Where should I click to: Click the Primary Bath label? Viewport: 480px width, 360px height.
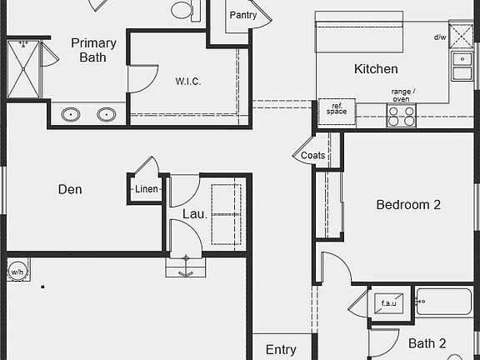click(x=93, y=50)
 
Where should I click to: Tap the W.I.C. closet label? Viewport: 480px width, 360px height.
click(x=188, y=82)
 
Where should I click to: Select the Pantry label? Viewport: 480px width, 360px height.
click(x=243, y=15)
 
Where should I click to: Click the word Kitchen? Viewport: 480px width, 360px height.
click(x=376, y=69)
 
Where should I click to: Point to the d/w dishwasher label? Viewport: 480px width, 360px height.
click(x=440, y=37)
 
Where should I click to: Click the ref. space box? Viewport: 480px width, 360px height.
click(x=337, y=112)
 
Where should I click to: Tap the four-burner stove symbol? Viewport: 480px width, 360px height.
click(x=402, y=115)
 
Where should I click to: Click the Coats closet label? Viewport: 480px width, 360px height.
click(x=312, y=155)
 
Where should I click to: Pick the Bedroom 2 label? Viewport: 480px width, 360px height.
click(x=408, y=205)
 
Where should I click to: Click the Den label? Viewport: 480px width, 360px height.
click(x=70, y=189)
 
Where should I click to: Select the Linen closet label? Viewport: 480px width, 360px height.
click(x=147, y=189)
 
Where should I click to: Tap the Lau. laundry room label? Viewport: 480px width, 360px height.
click(x=195, y=214)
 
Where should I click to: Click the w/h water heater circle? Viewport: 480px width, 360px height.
click(x=17, y=271)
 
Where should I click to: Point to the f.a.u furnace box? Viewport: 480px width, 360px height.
click(x=389, y=303)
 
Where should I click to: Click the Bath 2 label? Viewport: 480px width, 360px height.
click(x=427, y=343)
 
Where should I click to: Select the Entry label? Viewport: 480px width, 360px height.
click(x=281, y=350)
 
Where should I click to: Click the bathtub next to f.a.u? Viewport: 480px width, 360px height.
click(x=444, y=301)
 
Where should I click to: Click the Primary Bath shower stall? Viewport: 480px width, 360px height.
click(x=23, y=69)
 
